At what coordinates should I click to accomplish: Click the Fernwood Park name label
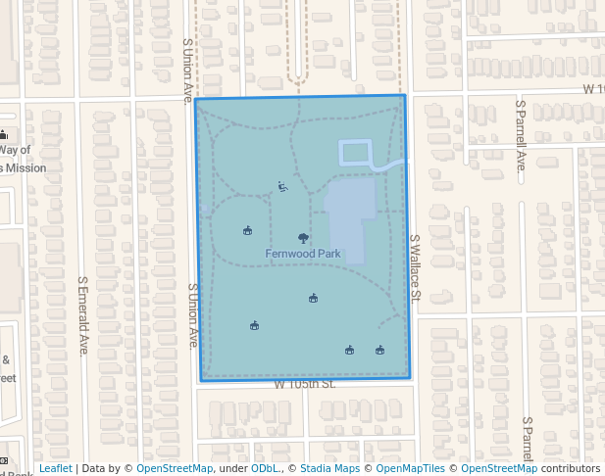pyautogui.click(x=303, y=254)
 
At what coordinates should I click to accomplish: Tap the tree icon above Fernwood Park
pyautogui.click(x=303, y=237)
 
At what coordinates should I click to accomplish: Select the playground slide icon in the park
pyautogui.click(x=282, y=186)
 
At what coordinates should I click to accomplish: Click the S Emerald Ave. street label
pyautogui.click(x=83, y=314)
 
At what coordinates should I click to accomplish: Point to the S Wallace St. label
pyautogui.click(x=415, y=266)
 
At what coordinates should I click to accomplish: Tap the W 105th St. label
pyautogui.click(x=304, y=384)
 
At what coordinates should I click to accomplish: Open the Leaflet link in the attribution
pyautogui.click(x=55, y=469)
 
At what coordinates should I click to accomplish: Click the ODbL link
pyautogui.click(x=264, y=469)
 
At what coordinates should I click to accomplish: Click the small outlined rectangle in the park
pyautogui.click(x=356, y=152)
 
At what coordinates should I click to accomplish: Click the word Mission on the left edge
pyautogui.click(x=26, y=167)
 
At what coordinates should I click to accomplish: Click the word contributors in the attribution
pyautogui.click(x=571, y=469)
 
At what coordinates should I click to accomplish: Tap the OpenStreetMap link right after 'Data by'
pyautogui.click(x=175, y=469)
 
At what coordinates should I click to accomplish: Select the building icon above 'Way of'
pyautogui.click(x=4, y=135)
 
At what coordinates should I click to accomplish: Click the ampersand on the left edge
pyautogui.click(x=5, y=359)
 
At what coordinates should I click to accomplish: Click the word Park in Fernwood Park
pyautogui.click(x=328, y=254)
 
